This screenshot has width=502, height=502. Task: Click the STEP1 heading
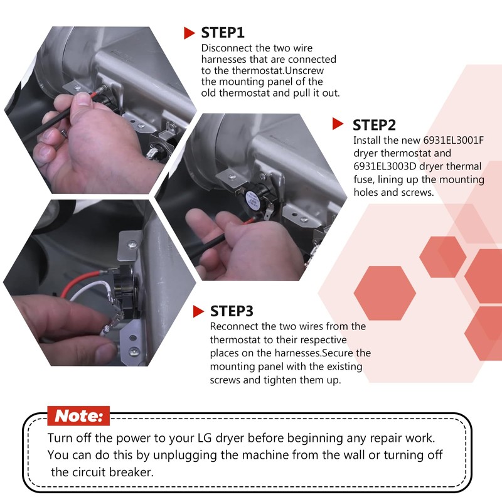(x=223, y=33)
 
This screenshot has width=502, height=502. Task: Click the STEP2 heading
(x=374, y=125)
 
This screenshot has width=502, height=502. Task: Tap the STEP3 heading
(x=232, y=311)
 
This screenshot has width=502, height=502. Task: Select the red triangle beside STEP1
(x=190, y=33)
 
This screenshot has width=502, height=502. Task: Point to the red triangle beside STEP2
(x=338, y=124)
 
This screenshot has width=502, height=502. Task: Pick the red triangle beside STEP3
(x=198, y=311)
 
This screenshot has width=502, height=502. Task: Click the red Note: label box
(x=78, y=416)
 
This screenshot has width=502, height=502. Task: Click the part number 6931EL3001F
(x=453, y=140)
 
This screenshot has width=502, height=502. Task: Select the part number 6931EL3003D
(x=385, y=166)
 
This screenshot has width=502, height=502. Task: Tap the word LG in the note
(x=205, y=437)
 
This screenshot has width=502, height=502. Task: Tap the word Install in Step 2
(x=366, y=140)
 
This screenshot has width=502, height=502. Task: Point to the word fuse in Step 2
(x=363, y=179)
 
